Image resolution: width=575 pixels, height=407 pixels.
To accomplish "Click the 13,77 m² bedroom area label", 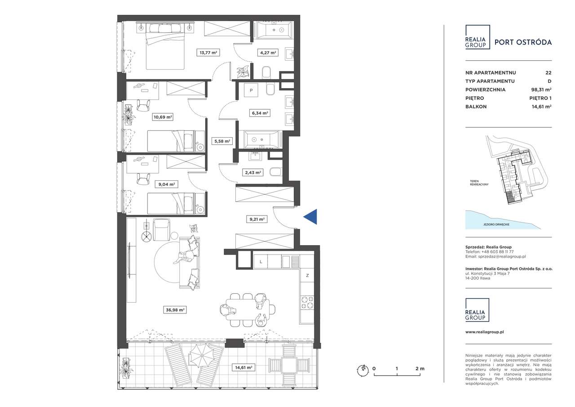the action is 208,53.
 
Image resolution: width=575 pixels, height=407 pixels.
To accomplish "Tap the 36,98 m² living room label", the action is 175,310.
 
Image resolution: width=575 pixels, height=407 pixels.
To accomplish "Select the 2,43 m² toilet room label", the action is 253,173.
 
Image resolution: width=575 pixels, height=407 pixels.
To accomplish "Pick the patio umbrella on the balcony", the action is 202,356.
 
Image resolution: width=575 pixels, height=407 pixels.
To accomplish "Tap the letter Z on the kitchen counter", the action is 307,276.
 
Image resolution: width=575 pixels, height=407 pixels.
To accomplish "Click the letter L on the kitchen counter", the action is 261,262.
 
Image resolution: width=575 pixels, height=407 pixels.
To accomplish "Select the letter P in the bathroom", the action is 251,90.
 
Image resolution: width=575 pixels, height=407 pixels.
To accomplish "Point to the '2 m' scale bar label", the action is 420,368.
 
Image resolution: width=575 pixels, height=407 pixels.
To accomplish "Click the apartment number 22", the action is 548,73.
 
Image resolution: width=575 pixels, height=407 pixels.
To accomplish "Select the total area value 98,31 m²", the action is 541,89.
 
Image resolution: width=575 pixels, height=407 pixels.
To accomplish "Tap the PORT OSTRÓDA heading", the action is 523,42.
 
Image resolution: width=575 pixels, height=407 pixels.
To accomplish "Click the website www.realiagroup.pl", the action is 485,332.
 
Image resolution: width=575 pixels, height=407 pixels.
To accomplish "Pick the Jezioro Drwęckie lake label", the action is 496,224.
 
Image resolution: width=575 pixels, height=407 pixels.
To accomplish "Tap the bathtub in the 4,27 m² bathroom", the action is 274,30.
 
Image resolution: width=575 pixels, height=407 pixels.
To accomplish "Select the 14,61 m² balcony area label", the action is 243,367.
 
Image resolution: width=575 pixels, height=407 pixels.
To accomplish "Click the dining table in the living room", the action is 248,310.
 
